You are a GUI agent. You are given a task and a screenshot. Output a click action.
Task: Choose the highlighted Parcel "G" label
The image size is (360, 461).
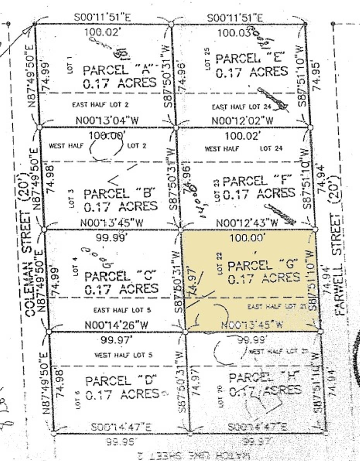[x=263, y=265]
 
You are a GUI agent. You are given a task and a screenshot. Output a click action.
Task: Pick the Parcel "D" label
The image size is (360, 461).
[x=119, y=381]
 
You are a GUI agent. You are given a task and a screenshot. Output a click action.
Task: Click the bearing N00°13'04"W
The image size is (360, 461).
[x=107, y=120]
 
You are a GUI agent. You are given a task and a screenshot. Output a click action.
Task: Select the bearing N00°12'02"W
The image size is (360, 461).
[x=242, y=121]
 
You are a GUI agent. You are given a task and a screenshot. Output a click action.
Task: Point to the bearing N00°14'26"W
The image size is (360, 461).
[x=117, y=325]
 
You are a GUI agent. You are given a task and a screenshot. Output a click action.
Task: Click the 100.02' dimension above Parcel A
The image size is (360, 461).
[x=103, y=32]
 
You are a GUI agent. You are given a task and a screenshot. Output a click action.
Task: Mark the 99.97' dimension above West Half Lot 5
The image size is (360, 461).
[x=116, y=340]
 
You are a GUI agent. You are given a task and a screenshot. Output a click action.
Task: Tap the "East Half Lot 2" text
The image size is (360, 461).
[x=101, y=104]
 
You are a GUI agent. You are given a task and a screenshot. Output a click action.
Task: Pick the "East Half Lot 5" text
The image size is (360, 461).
[x=122, y=310]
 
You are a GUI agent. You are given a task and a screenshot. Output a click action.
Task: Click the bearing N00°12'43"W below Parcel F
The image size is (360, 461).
[x=247, y=223]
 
